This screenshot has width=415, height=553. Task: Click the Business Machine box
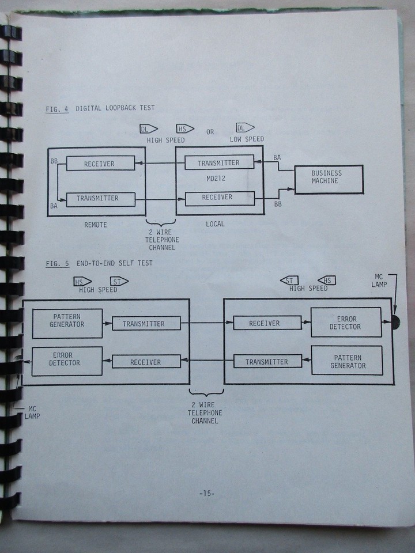329,179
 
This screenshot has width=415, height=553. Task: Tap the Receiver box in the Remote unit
99,164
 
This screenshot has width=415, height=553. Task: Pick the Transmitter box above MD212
219,163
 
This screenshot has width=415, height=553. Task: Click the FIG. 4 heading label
57,108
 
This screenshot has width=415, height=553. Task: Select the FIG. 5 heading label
57,264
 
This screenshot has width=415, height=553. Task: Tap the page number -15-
206,494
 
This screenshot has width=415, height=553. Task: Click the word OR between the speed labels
210,132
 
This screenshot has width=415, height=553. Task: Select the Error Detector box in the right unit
346,323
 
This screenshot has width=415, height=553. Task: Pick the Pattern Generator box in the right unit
347,361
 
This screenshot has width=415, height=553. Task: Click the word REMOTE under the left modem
96,225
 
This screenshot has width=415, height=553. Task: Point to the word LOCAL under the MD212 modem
216,224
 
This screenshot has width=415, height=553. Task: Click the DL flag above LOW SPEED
244,128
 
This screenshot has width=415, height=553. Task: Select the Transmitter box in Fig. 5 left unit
144,324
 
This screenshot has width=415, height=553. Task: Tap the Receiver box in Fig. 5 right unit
264,324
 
